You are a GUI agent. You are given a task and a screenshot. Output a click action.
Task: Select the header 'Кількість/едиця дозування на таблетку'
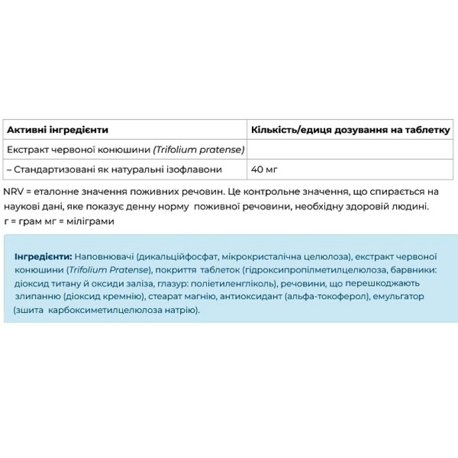[350, 130]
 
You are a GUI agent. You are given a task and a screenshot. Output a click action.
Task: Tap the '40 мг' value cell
[265, 169]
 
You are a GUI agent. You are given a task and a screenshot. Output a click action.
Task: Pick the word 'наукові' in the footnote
[19, 206]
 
